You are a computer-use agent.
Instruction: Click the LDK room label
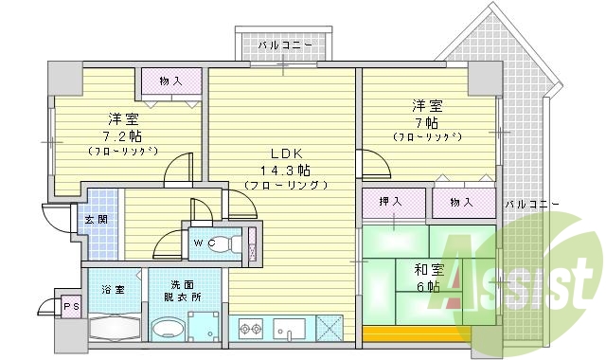[x=285, y=153]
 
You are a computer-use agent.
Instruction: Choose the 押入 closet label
[x=390, y=201]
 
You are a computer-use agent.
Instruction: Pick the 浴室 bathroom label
[x=115, y=289]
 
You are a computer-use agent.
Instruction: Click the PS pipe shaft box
[x=69, y=306]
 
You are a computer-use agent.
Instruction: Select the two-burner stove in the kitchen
[x=251, y=331]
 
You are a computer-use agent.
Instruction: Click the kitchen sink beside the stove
[x=289, y=331]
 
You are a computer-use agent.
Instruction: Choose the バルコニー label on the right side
[x=531, y=205]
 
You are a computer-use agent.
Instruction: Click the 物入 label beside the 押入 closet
[x=462, y=201]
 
